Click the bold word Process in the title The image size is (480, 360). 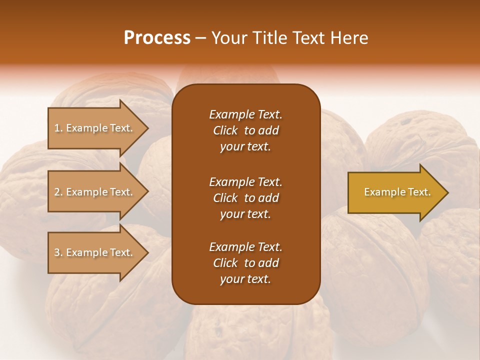(x=157, y=38)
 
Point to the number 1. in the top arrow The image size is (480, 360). (x=58, y=128)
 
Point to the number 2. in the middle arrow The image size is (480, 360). (x=58, y=192)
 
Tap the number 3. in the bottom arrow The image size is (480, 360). (x=58, y=252)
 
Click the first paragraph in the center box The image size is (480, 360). (x=245, y=130)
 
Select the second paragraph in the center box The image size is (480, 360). (x=245, y=198)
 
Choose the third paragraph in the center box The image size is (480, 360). (x=245, y=263)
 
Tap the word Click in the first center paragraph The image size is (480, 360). (x=225, y=130)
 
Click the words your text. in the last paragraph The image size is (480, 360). (x=245, y=279)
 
